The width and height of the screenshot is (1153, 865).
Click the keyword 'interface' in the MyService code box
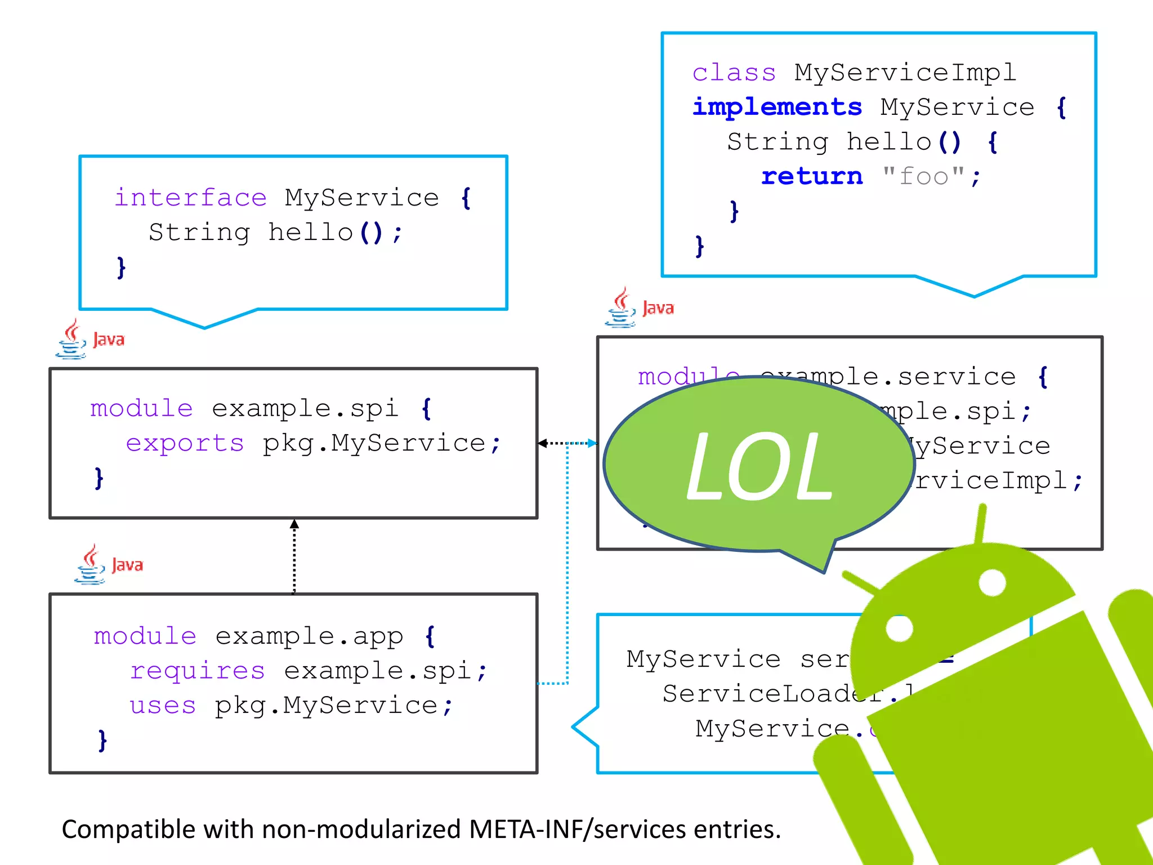click(x=190, y=198)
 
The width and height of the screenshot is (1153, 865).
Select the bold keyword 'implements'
click(x=777, y=107)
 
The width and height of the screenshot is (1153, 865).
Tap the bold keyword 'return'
click(x=812, y=177)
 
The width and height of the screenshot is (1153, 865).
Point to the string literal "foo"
click(x=923, y=177)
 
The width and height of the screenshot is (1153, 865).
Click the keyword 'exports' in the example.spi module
click(x=185, y=444)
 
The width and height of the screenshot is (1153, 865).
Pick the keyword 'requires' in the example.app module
click(x=197, y=671)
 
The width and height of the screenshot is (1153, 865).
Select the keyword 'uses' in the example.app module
click(x=163, y=706)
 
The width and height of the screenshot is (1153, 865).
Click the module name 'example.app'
click(x=309, y=636)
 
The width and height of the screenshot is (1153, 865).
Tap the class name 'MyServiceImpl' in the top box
click(x=905, y=73)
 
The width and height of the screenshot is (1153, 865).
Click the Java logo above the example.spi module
click(x=90, y=339)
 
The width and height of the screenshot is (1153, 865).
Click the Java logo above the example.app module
click(x=109, y=564)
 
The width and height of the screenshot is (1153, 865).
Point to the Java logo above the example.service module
click(x=640, y=307)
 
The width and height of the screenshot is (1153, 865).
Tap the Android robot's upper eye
click(x=992, y=582)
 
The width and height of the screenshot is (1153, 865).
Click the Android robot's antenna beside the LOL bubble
click(x=981, y=524)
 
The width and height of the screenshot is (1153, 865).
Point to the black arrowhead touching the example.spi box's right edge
click(x=543, y=443)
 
